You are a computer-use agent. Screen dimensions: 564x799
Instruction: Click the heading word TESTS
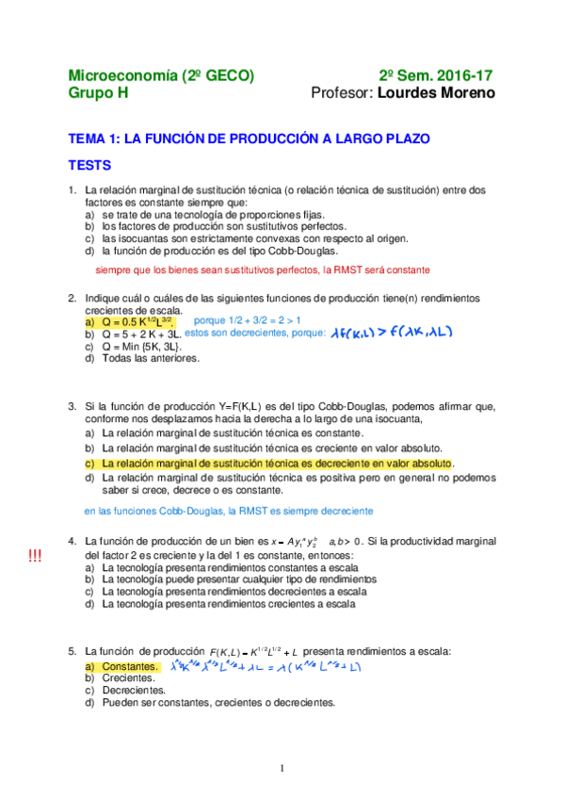coord(89,165)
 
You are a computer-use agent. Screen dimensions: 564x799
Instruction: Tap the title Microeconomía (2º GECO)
coord(161,75)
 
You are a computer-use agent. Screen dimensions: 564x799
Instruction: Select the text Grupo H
coord(98,93)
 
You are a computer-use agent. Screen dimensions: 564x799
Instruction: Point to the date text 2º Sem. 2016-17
coord(436,75)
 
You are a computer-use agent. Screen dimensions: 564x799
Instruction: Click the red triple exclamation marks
coord(35,557)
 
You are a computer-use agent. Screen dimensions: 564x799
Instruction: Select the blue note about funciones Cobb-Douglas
coord(228,511)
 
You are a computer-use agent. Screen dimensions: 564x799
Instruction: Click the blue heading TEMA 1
coord(249,139)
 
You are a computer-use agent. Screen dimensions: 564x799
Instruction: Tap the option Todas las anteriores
coord(145,358)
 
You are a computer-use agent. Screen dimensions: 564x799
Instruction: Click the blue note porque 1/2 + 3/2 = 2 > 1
coord(247,320)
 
